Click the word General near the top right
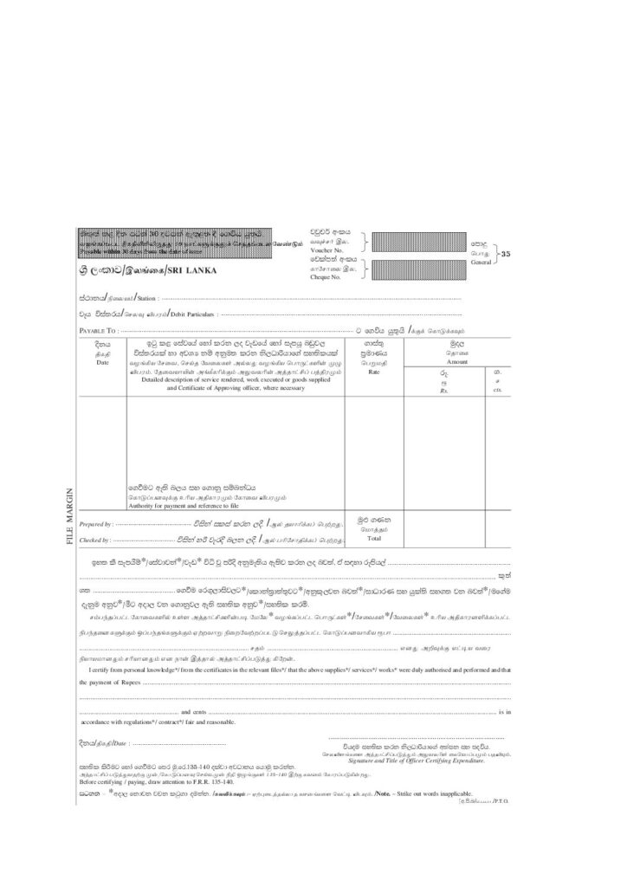(x=481, y=261)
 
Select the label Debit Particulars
(x=193, y=314)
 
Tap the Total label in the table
(x=374, y=538)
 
